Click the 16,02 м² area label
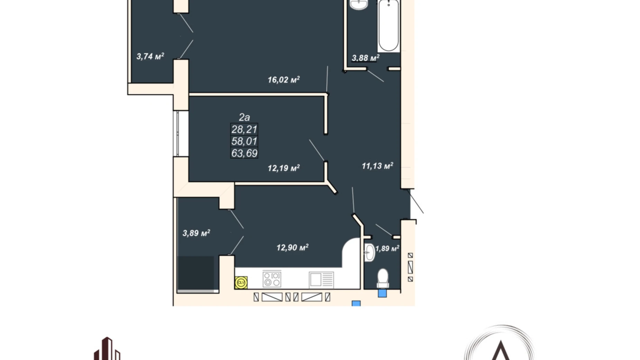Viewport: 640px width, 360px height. (283, 80)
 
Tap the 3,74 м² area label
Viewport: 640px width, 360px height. (150, 56)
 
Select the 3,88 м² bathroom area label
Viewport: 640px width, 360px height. (365, 58)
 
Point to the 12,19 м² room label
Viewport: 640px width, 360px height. (283, 168)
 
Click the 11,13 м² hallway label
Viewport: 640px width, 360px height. (377, 166)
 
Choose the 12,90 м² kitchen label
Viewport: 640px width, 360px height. (292, 247)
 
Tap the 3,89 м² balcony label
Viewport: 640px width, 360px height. (196, 233)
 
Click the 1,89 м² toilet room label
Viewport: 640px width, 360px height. (387, 249)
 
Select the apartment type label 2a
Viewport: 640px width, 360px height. (244, 117)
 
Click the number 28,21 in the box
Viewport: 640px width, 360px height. (244, 129)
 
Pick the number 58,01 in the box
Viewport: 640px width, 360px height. (244, 141)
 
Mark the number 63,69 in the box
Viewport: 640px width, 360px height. (244, 153)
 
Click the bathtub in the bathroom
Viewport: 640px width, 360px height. (388, 26)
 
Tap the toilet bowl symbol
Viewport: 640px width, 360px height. (383, 278)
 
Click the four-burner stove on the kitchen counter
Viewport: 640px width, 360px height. (272, 279)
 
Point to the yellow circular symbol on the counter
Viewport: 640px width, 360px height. (241, 282)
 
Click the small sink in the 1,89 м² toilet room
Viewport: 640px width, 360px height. (369, 253)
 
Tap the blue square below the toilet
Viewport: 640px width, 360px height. (382, 294)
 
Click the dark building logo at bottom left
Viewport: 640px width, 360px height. (107, 349)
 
